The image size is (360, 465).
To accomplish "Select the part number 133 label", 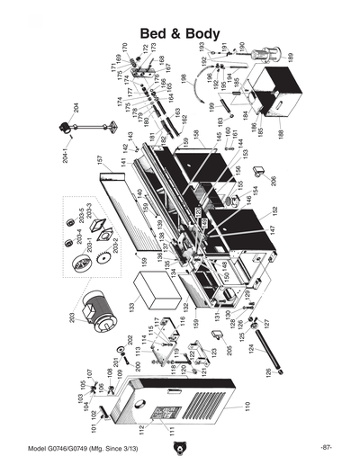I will coord(131,308).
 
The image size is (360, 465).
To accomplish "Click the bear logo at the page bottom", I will coord(180,447).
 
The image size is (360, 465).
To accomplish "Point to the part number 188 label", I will coord(280,132).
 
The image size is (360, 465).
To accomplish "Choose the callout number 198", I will coord(183,78).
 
